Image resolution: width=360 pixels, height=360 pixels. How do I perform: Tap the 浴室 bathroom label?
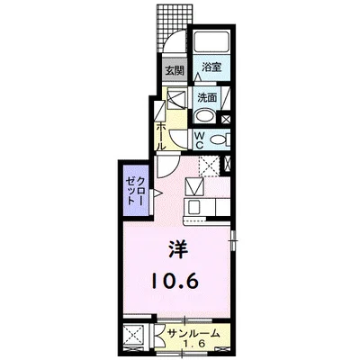click(x=211, y=67)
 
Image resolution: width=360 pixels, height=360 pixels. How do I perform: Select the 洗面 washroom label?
click(x=207, y=97)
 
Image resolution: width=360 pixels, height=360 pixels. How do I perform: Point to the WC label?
click(x=200, y=140)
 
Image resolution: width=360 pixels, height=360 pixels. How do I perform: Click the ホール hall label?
click(x=160, y=137)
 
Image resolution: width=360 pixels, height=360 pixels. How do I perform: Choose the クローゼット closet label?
click(x=136, y=191)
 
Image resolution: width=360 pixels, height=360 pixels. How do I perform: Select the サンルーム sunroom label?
click(x=193, y=333)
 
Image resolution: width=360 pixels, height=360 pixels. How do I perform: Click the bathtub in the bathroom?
click(x=211, y=42)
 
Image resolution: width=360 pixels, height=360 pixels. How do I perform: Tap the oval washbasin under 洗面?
click(x=204, y=116)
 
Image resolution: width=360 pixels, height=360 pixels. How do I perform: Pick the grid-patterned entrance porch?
click(x=172, y=28)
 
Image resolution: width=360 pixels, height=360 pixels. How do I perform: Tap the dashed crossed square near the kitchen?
click(x=209, y=166)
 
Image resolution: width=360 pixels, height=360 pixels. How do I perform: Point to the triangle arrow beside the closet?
click(x=157, y=193)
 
